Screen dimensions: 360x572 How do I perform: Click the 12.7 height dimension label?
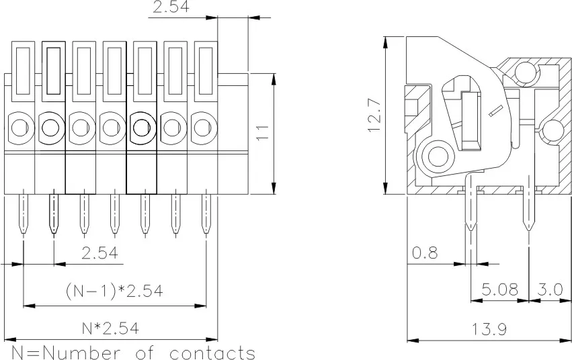(374, 115)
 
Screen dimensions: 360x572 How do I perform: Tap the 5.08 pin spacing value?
(500, 289)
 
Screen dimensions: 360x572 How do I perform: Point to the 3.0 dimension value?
(550, 289)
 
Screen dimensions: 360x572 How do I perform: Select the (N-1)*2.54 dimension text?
(114, 291)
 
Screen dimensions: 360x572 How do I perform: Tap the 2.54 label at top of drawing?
(171, 8)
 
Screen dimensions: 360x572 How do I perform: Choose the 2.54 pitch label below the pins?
(99, 253)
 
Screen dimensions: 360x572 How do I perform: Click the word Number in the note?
(79, 352)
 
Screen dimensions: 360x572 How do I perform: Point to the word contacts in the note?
(212, 352)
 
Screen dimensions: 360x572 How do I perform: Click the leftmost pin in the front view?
(23, 214)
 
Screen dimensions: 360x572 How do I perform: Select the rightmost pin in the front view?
(206, 214)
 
